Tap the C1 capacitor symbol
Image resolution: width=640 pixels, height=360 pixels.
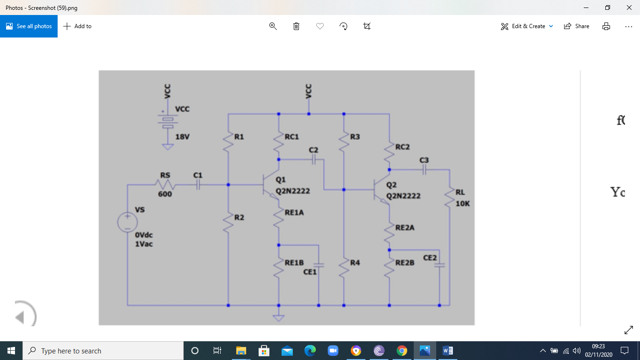pyautogui.click(x=198, y=185)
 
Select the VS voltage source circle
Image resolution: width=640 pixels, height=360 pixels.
pyautogui.click(x=127, y=222)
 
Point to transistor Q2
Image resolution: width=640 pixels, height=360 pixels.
pyautogui.click(x=380, y=191)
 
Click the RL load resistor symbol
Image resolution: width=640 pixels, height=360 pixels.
pyautogui.click(x=449, y=197)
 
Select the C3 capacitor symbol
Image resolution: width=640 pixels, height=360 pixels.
pyautogui.click(x=424, y=170)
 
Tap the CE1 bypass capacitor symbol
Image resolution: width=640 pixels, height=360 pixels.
pyautogui.click(x=319, y=265)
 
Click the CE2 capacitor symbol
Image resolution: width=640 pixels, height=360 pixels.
pyautogui.click(x=439, y=265)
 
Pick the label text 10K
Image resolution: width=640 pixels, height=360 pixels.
pyautogui.click(x=462, y=204)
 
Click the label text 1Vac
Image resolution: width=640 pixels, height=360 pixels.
pyautogui.click(x=144, y=244)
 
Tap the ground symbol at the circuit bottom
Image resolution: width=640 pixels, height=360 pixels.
pyautogui.click(x=279, y=318)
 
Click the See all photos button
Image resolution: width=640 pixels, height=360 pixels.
pyautogui.click(x=29, y=26)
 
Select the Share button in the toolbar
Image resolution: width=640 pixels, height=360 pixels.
pyautogui.click(x=577, y=26)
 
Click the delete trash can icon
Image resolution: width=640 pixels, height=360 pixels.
pyautogui.click(x=296, y=26)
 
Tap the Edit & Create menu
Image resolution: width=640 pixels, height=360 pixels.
pyautogui.click(x=527, y=26)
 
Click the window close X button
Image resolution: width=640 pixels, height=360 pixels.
pyautogui.click(x=629, y=7)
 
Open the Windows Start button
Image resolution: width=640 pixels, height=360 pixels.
pyautogui.click(x=11, y=351)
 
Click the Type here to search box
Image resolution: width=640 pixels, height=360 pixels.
pyautogui.click(x=103, y=351)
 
